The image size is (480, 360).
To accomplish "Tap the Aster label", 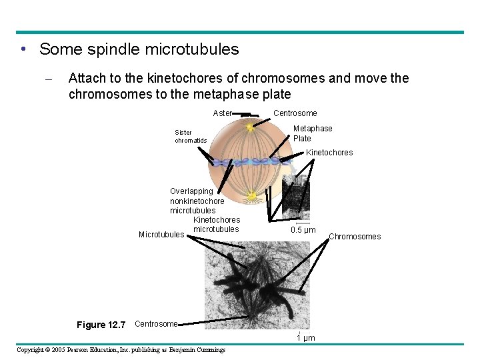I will coord(222,113).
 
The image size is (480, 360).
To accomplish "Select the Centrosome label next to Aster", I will coord(295,113).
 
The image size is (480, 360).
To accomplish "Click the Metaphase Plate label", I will coord(313,133).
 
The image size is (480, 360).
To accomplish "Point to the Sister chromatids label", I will coord(191,136).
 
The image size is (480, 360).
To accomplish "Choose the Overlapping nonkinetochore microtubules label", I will coord(197,201).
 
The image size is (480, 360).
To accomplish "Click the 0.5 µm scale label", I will coord(303,231).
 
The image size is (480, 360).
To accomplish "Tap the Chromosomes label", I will coord(355,237).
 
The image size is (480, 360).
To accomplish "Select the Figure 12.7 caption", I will coord(101,325).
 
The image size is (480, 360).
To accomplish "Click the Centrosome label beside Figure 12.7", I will coord(156,324).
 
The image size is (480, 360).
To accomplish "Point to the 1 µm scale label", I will coord(305,339).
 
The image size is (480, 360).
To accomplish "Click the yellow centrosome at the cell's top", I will coord(250,126).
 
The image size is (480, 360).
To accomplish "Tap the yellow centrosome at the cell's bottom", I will coord(252,196).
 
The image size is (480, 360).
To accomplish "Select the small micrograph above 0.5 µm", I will coord(296,198).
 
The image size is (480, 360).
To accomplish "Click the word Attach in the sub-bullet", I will coord(87,79).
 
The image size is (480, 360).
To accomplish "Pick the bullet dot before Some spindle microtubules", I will coord(23,50).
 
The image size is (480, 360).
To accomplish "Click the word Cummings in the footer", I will coord(208,350).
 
